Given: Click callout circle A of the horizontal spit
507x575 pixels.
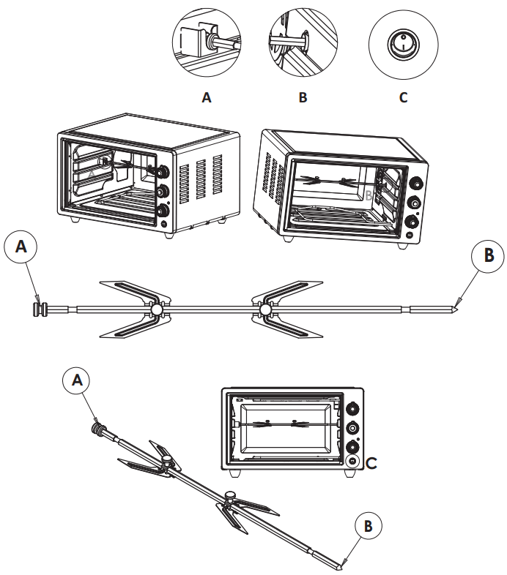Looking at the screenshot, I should (x=21, y=248).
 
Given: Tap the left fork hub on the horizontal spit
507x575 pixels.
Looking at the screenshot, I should (x=156, y=312).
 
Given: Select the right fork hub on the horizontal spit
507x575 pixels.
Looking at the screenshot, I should (x=264, y=312).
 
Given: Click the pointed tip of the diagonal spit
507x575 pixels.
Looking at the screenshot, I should (x=341, y=565).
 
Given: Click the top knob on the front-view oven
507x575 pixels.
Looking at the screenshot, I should (x=354, y=410).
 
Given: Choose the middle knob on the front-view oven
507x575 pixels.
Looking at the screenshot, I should (x=354, y=428).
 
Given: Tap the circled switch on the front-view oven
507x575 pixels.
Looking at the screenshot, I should (x=354, y=462).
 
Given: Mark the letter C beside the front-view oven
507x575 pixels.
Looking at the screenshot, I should (x=371, y=462).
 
